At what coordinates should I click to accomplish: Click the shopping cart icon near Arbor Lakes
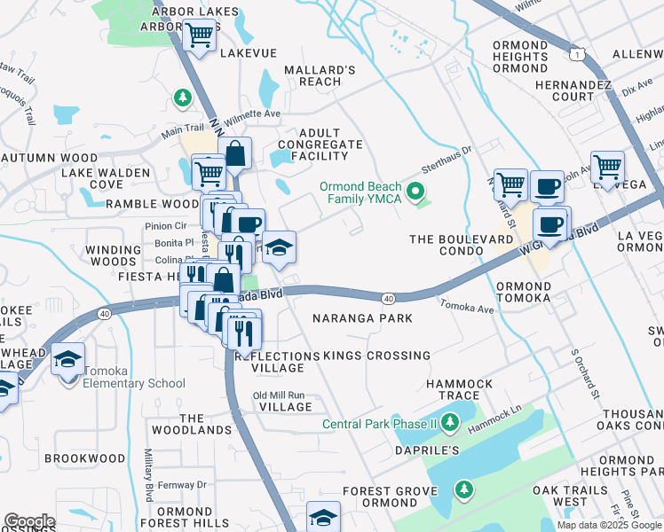coord(202,36)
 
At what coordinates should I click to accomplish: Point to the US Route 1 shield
coord(578,55)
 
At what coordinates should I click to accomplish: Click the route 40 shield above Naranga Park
coord(389,298)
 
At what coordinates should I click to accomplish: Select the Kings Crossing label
coord(376,356)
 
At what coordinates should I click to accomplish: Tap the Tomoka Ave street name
coord(466,307)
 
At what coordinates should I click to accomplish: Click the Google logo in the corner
coord(29,521)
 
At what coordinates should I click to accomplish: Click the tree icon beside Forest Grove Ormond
coord(462,489)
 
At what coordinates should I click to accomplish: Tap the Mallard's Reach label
coord(320,75)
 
